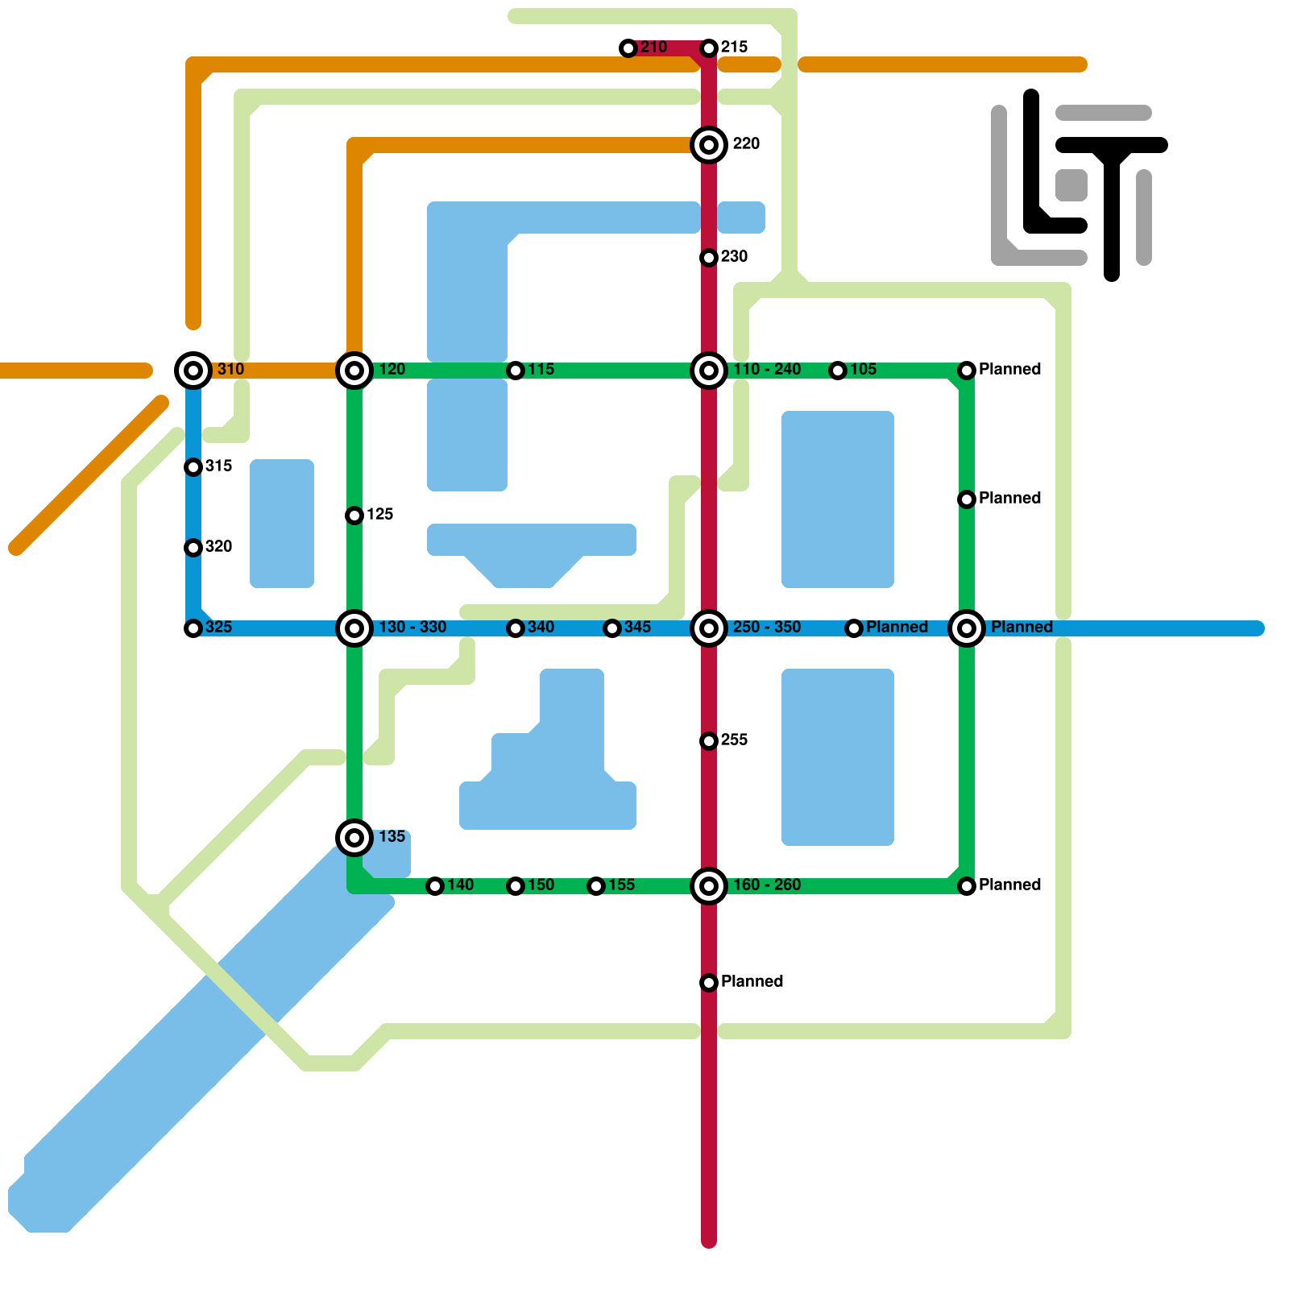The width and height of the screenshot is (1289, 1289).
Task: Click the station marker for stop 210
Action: click(x=628, y=48)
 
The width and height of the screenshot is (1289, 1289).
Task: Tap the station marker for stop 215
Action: click(x=709, y=48)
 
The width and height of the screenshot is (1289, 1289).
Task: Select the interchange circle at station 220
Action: click(x=709, y=145)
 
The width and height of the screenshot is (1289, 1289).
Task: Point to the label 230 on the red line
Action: click(x=734, y=257)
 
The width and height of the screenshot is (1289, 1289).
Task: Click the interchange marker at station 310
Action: click(x=193, y=371)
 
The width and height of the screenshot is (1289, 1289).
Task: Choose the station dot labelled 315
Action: click(x=193, y=467)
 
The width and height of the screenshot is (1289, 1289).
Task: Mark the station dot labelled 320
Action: click(x=193, y=548)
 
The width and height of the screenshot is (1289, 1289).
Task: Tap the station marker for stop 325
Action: click(x=193, y=628)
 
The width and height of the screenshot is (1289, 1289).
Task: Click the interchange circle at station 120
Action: click(x=354, y=371)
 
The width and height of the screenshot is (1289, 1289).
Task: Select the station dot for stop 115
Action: click(x=516, y=371)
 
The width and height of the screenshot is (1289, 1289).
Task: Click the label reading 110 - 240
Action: click(x=766, y=370)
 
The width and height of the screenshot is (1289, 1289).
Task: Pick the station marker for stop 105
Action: click(x=838, y=371)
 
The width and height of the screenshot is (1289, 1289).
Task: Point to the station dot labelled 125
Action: click(x=354, y=516)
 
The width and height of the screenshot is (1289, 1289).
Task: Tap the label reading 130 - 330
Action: click(x=412, y=628)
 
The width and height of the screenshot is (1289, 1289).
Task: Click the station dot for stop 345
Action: click(x=612, y=628)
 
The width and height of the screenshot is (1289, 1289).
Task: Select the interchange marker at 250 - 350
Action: click(x=709, y=628)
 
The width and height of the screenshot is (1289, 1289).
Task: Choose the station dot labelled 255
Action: click(x=709, y=741)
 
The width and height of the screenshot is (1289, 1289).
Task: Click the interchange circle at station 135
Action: click(x=354, y=838)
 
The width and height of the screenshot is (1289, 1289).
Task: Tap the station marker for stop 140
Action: click(x=435, y=886)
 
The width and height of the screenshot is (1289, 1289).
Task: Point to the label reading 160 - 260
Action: click(x=766, y=885)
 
